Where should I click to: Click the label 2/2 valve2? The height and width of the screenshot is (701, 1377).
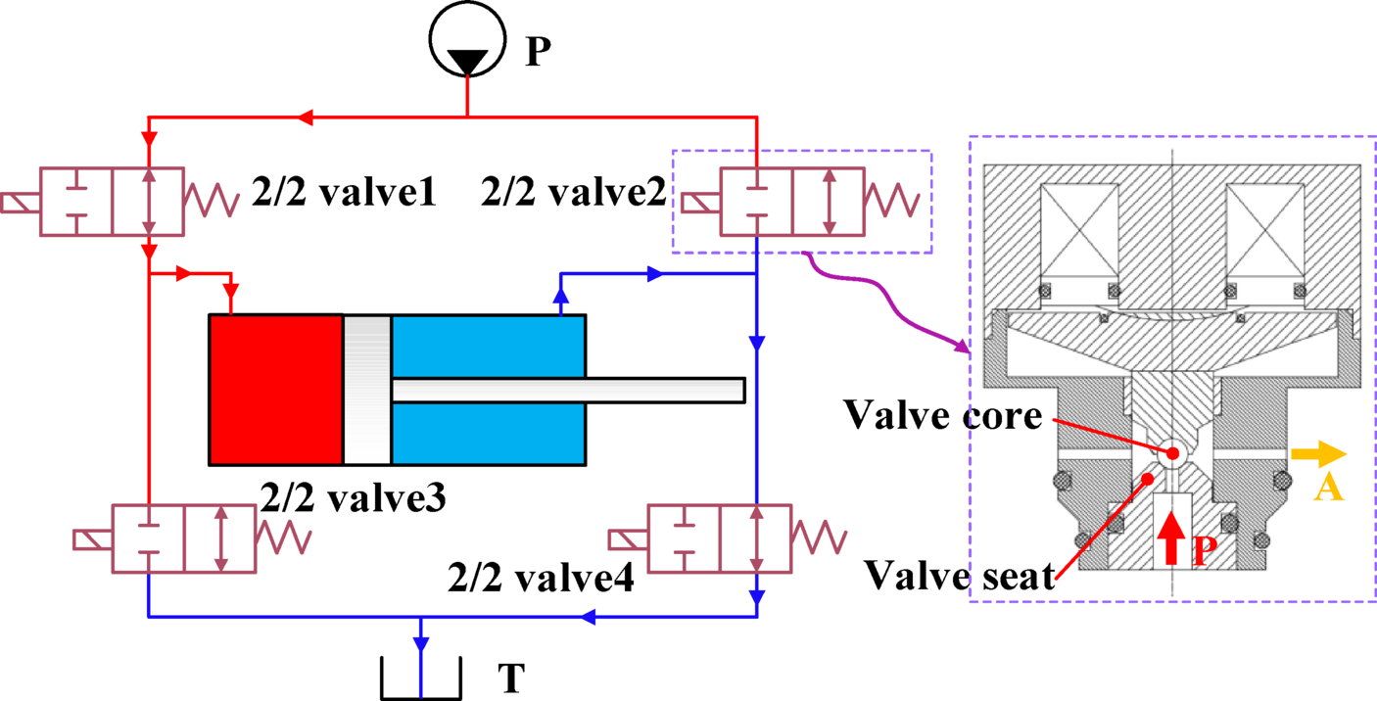[x=574, y=193]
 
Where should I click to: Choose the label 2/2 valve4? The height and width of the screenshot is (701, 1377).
[x=540, y=577]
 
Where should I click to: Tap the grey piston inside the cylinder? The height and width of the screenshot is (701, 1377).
[x=367, y=389]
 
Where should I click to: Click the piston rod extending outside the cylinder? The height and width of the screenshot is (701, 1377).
[x=666, y=390]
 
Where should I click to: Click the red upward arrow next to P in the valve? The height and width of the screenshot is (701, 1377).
[x=1171, y=537]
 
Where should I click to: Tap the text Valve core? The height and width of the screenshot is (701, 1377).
[x=943, y=416]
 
